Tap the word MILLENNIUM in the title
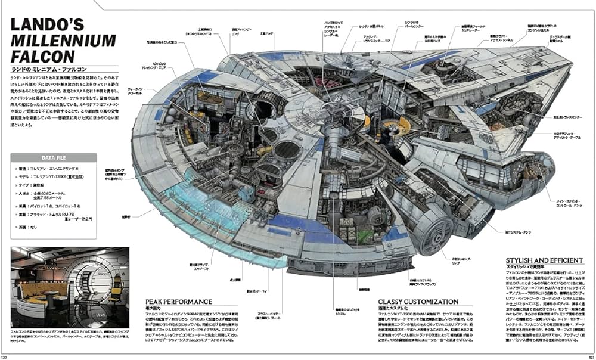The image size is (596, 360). point(63,42)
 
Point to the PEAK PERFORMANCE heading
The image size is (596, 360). point(179,302)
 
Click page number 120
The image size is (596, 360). point(5,356)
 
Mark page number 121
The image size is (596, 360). point(589,356)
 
